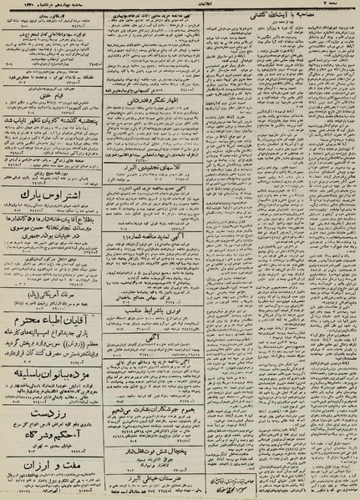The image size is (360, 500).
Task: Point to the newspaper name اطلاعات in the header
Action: (x=180, y=7)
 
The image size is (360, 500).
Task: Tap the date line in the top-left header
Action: (x=42, y=7)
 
